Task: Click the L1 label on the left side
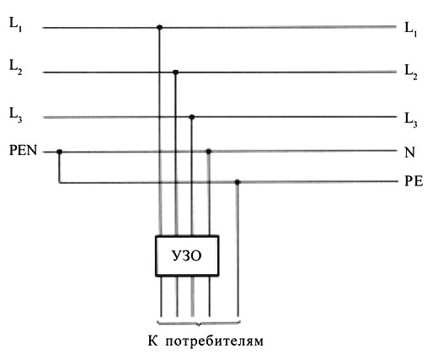click(15, 24)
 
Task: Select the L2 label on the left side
click(16, 67)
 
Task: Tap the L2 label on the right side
click(411, 73)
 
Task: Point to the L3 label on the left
click(16, 116)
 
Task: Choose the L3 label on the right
click(411, 121)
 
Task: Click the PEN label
click(23, 150)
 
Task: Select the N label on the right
click(409, 153)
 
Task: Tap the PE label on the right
click(414, 181)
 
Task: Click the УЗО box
click(187, 256)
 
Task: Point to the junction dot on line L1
click(159, 27)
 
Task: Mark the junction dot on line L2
click(175, 73)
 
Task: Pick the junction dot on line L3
click(192, 117)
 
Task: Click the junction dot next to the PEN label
click(59, 152)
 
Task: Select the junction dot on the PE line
click(238, 182)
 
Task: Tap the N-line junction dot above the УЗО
click(208, 152)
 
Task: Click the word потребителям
click(215, 341)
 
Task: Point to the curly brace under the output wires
click(199, 324)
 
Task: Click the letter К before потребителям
click(152, 341)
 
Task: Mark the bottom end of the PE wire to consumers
click(238, 317)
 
